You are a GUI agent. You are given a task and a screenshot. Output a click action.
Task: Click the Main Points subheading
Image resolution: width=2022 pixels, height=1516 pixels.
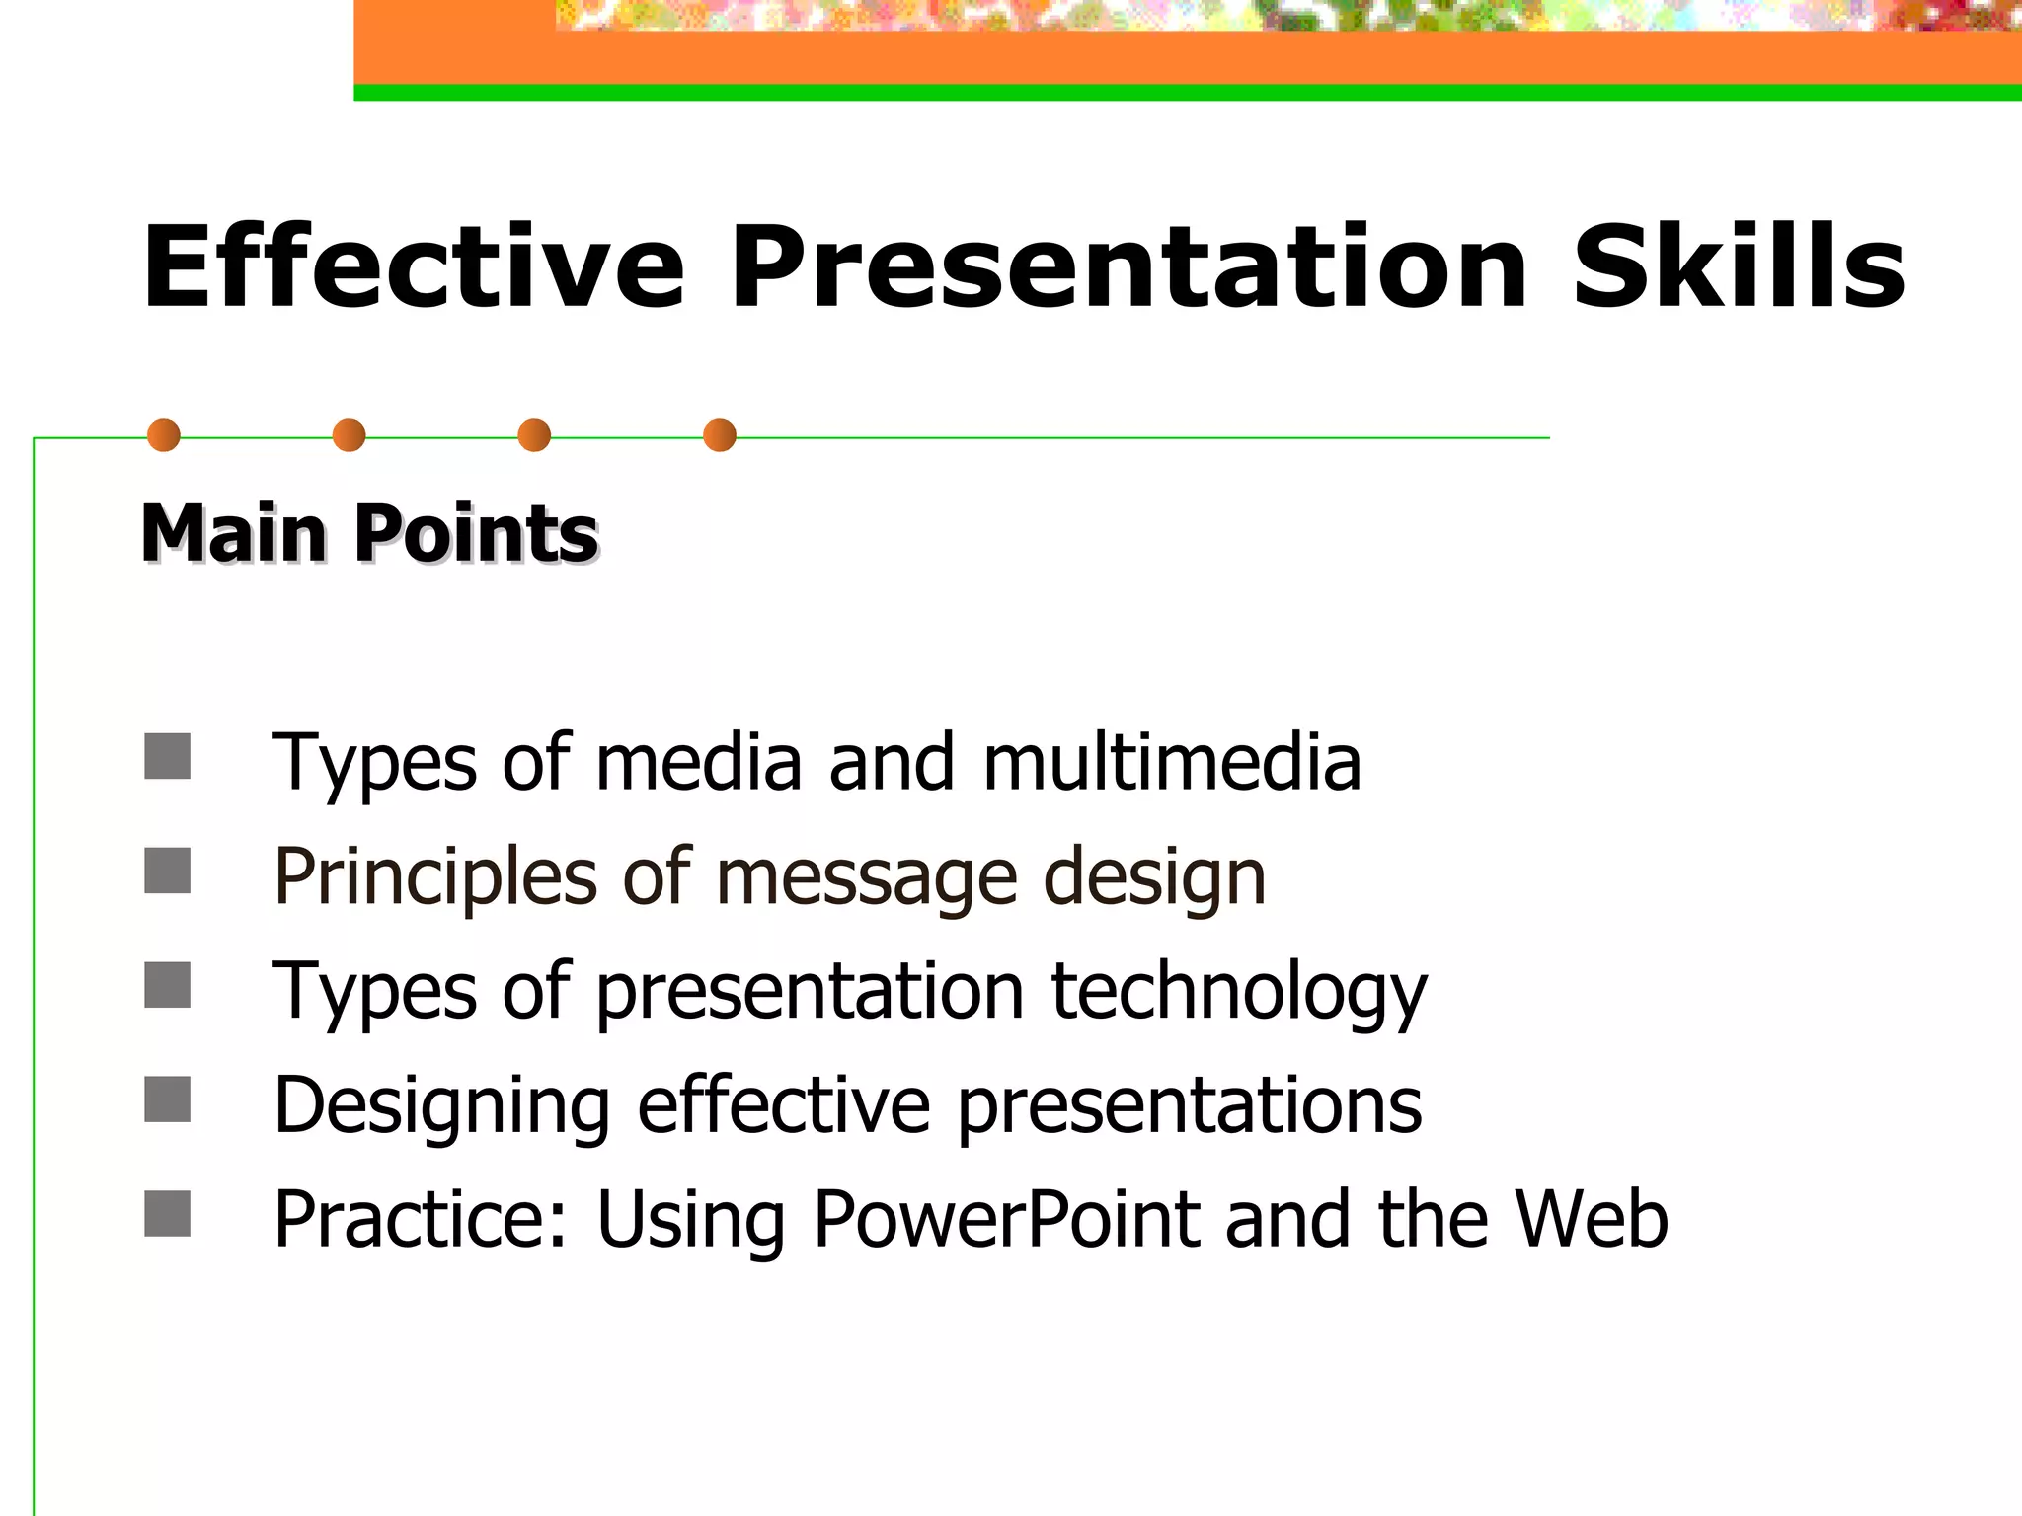[x=369, y=534]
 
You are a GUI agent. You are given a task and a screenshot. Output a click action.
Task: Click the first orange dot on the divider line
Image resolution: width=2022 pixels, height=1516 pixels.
[x=164, y=435]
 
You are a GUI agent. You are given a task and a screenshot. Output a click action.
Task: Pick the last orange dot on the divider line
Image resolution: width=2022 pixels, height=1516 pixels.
[x=720, y=435]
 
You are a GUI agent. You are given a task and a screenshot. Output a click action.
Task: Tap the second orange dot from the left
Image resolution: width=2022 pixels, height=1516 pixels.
[x=349, y=435]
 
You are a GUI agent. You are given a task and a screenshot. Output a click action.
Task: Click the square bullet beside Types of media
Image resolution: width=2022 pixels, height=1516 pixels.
[x=167, y=756]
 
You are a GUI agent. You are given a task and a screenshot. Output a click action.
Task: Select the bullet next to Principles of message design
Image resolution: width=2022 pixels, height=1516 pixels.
[x=167, y=871]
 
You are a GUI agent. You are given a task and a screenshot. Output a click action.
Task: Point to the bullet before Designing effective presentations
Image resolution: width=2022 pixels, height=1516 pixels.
[x=167, y=1099]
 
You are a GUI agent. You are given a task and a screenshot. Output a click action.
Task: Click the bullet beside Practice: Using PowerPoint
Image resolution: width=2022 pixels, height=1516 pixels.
[x=167, y=1214]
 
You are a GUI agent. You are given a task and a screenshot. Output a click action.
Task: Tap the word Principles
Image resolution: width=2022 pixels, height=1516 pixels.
[x=435, y=878]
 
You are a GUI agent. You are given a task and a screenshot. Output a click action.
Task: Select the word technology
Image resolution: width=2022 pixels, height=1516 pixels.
[x=1239, y=993]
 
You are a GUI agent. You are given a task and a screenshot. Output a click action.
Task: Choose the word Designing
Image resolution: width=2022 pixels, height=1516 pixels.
[x=442, y=1107]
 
